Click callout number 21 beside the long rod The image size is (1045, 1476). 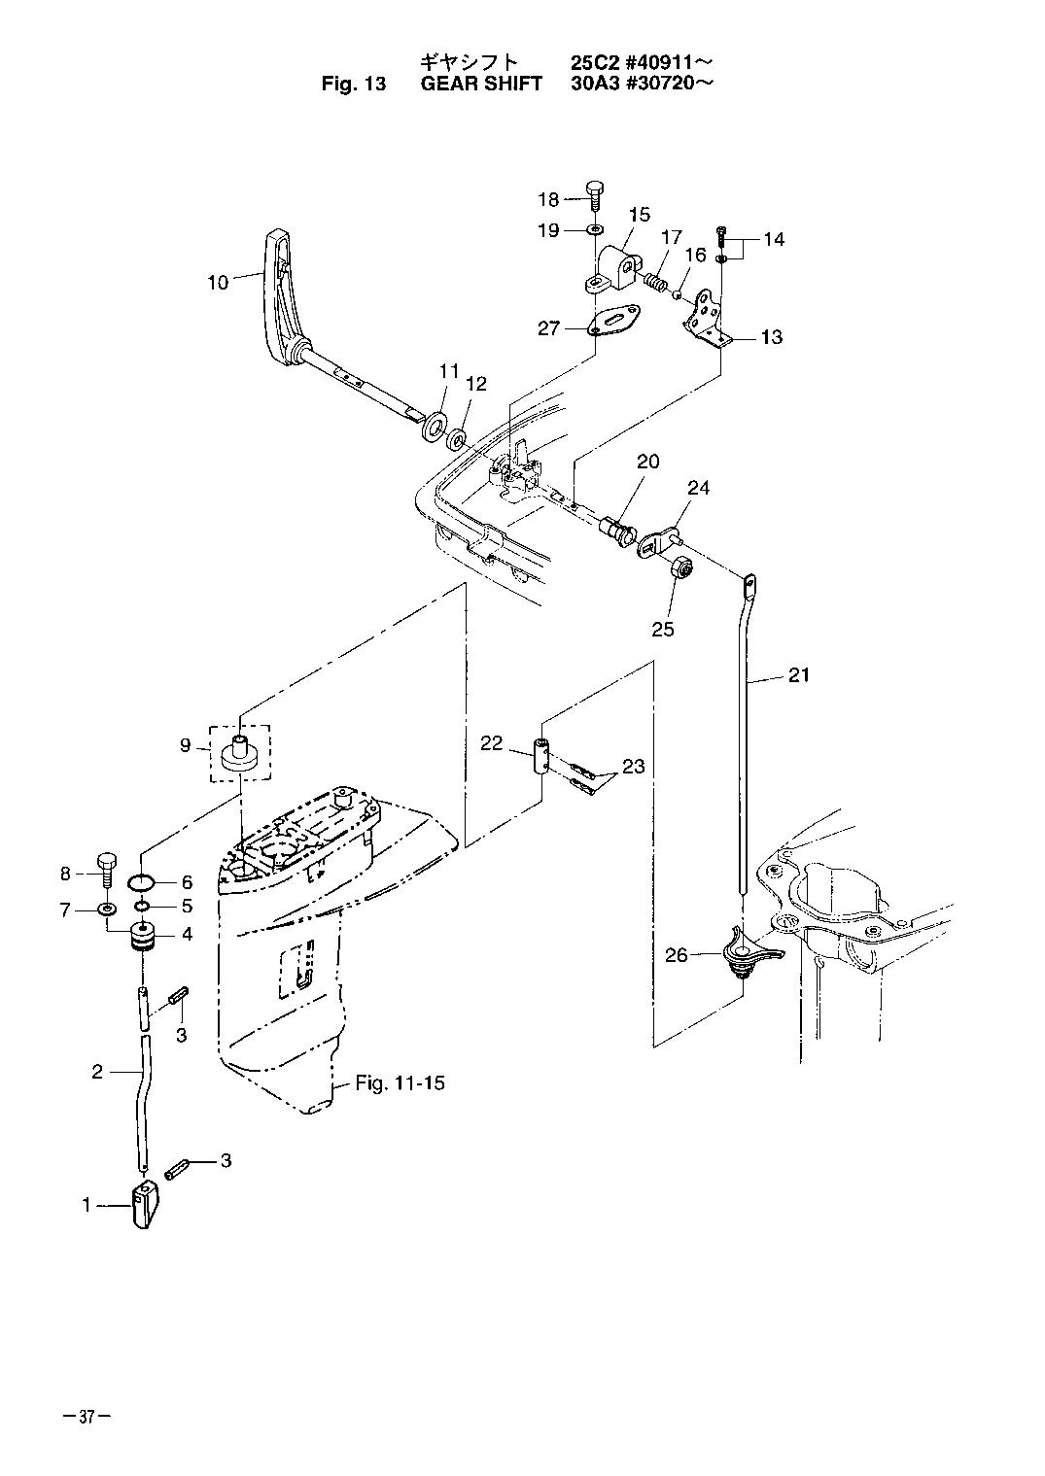[798, 674]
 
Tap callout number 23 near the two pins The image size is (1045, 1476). [633, 767]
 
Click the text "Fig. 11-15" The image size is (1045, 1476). [401, 1082]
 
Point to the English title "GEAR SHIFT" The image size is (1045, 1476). [481, 84]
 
